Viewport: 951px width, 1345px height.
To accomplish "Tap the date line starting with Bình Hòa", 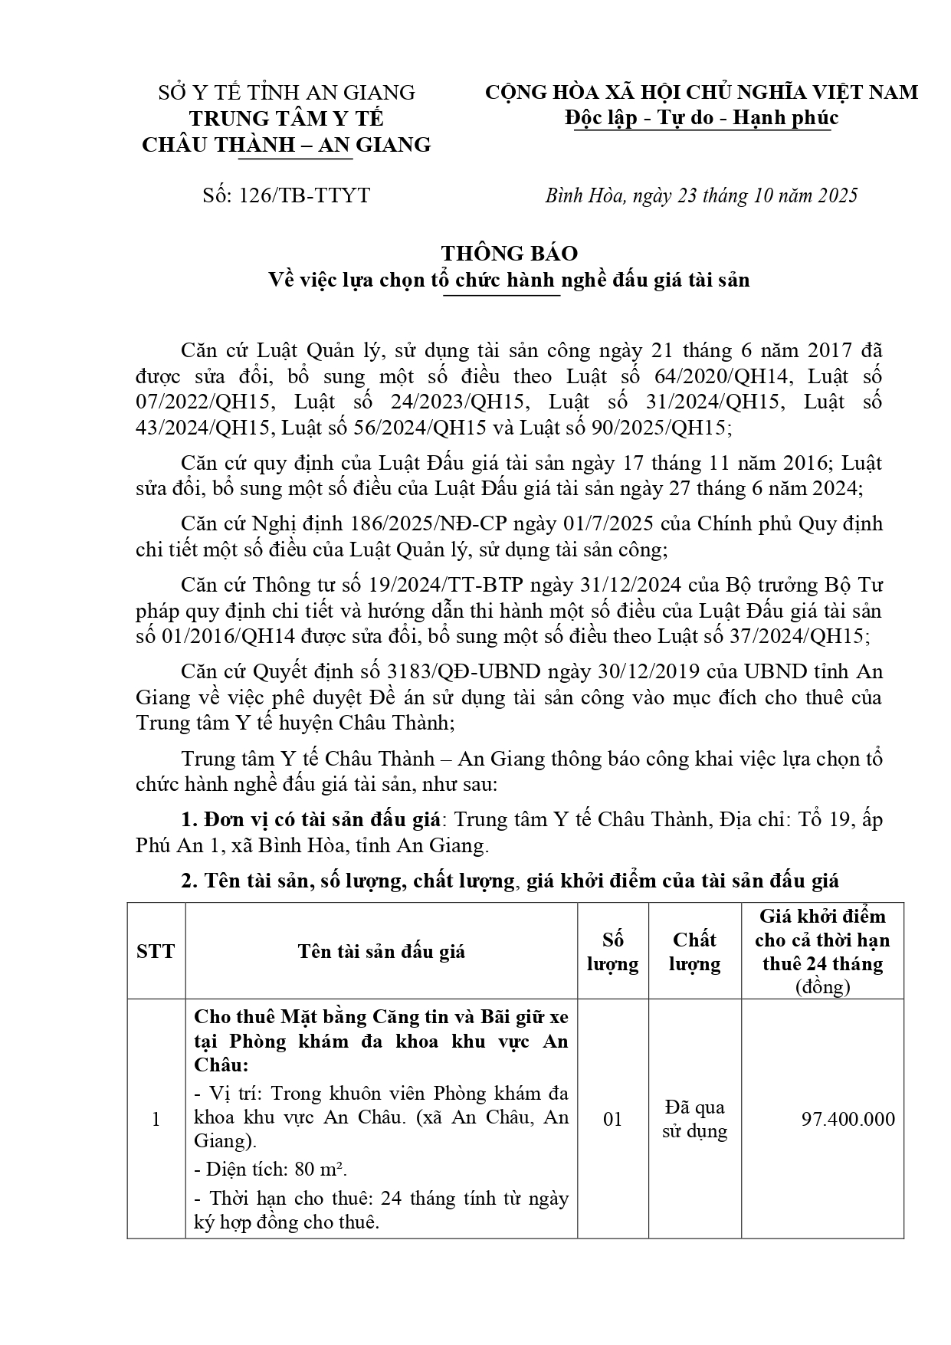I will (701, 195).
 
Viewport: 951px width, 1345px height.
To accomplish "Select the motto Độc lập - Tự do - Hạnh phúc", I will (701, 118).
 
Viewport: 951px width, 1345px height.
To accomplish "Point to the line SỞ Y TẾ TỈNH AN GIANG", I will (286, 93).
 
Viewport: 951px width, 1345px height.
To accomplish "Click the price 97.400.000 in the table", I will (848, 1120).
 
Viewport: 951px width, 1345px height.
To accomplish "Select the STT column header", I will (156, 952).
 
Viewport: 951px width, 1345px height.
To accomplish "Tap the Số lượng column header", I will (612, 952).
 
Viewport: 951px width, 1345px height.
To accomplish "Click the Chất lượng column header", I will (694, 952).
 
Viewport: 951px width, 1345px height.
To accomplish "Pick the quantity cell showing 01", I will (612, 1120).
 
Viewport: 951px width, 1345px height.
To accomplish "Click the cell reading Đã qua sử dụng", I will (694, 1119).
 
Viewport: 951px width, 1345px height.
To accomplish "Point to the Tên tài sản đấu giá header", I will (381, 952).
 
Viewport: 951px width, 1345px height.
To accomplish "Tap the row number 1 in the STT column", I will (156, 1120).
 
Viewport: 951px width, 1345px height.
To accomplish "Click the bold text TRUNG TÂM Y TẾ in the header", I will (286, 119).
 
